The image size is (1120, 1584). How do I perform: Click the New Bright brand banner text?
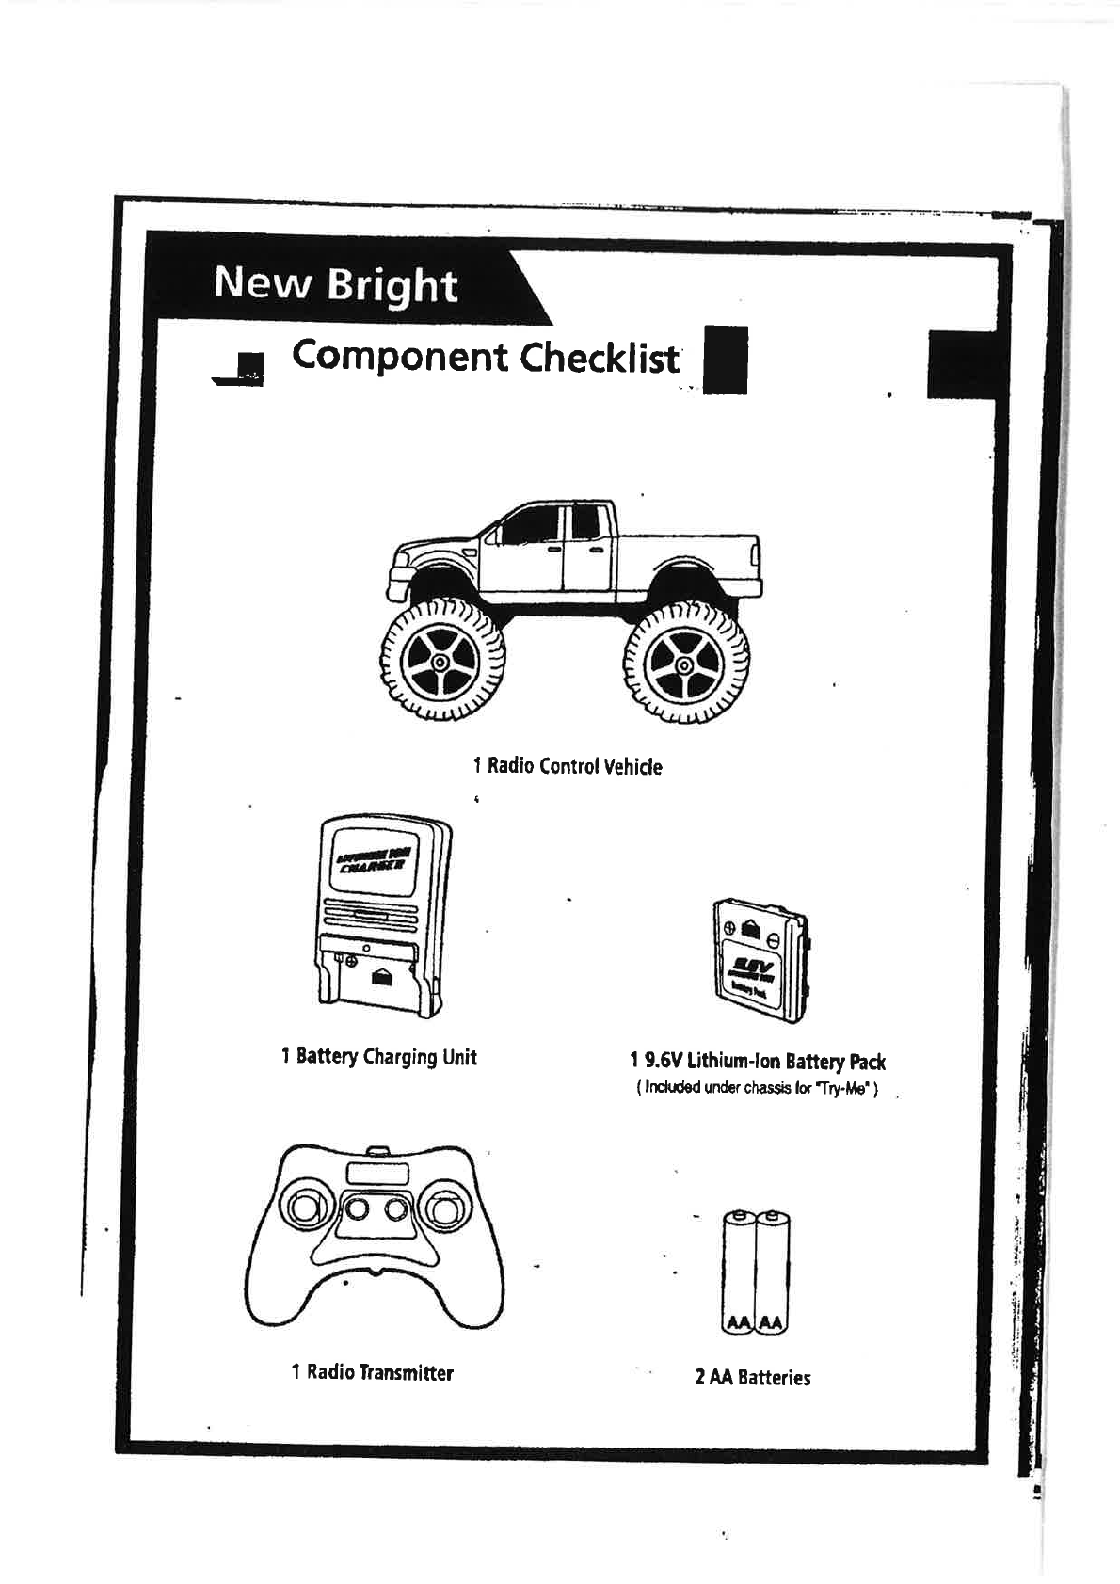click(x=335, y=283)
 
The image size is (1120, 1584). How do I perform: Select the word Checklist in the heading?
click(x=600, y=358)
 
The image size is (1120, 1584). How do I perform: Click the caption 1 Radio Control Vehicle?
click(x=567, y=766)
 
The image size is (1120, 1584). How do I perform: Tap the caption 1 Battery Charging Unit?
click(x=378, y=1057)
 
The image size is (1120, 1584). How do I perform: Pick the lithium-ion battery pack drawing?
click(x=761, y=960)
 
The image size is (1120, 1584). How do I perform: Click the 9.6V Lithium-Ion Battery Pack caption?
click(x=758, y=1062)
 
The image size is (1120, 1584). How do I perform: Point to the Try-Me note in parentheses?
click(x=758, y=1089)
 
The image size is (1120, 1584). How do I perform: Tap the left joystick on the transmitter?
click(x=307, y=1208)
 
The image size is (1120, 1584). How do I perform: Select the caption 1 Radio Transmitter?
click(x=373, y=1372)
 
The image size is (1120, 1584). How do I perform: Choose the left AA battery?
click(x=739, y=1271)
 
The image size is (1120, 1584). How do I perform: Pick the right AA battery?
click(x=773, y=1271)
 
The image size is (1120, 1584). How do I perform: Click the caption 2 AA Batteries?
click(x=752, y=1378)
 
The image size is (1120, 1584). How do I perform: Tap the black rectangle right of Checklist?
click(x=726, y=359)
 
